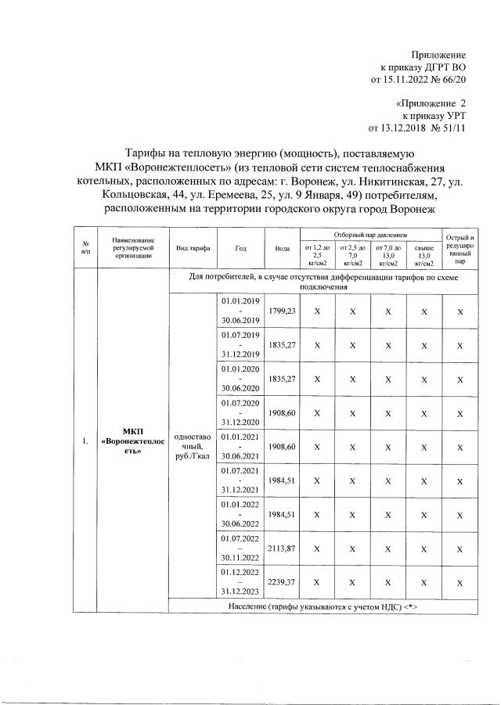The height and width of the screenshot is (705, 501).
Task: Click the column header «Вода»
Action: pyautogui.click(x=283, y=248)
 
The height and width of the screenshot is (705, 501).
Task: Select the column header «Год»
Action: pyautogui.click(x=240, y=248)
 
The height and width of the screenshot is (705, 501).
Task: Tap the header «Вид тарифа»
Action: pyautogui.click(x=193, y=248)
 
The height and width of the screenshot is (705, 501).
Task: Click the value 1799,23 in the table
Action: pyautogui.click(x=282, y=311)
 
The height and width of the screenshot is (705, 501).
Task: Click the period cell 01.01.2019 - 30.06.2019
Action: pyautogui.click(x=240, y=311)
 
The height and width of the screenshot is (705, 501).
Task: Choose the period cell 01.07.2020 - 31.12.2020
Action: pyautogui.click(x=240, y=412)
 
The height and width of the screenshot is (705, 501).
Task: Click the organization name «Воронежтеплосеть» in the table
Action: pyautogui.click(x=132, y=446)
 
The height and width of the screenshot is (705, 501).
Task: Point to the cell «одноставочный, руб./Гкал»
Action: pyautogui.click(x=193, y=446)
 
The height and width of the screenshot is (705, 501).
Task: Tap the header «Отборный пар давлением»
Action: pyautogui.click(x=371, y=235)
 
